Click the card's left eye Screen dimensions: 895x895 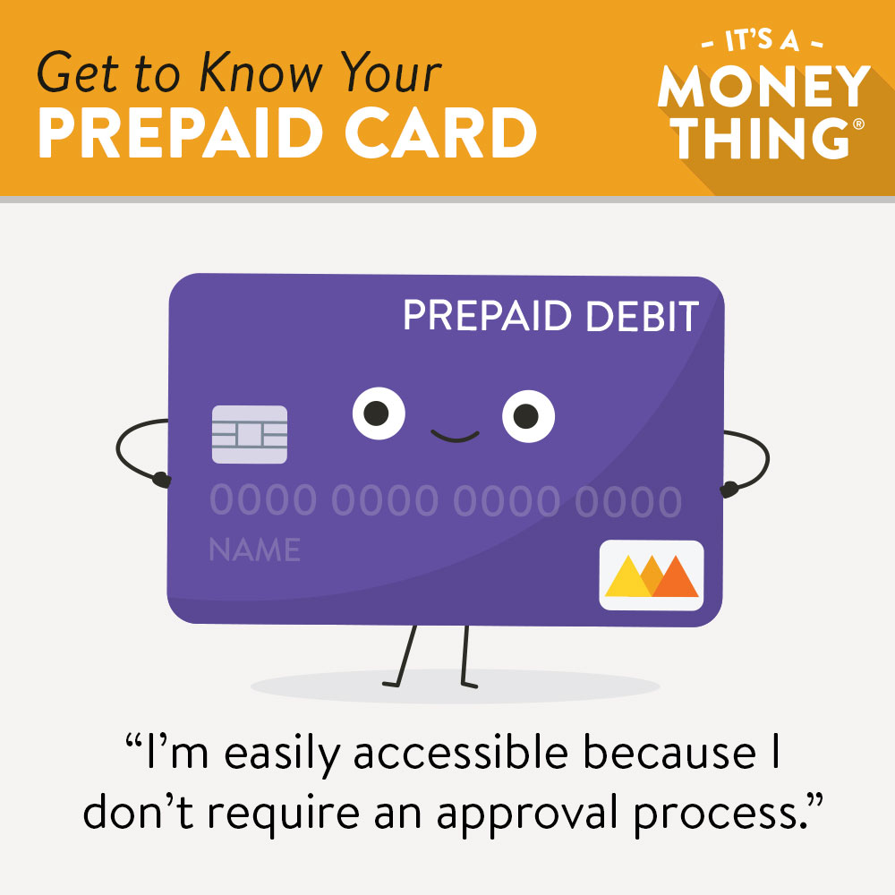click(x=379, y=413)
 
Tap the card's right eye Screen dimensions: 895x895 click(x=529, y=416)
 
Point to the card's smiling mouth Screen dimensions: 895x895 click(x=455, y=437)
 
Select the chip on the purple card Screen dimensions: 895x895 click(x=250, y=434)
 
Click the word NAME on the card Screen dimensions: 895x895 click(x=254, y=550)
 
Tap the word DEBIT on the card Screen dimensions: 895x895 click(x=642, y=316)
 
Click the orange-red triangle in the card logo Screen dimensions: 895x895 click(x=676, y=577)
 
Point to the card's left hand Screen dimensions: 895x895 click(x=162, y=479)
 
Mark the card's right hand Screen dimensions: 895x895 click(x=729, y=490)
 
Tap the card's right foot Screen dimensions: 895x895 click(x=469, y=684)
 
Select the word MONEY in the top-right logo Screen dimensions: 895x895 click(x=763, y=86)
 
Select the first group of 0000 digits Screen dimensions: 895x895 click(x=263, y=500)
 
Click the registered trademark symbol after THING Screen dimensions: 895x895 click(x=858, y=124)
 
